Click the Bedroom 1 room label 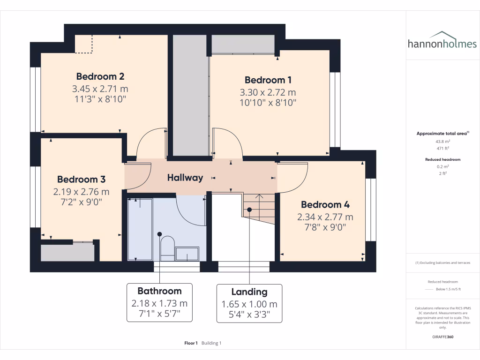pos(265,80)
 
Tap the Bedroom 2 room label pos(100,76)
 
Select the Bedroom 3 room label pos(81,179)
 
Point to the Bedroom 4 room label pos(325,204)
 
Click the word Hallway pos(185,178)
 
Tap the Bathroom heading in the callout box pos(159,291)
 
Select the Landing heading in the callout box pos(249,292)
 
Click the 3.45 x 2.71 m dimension pos(100,88)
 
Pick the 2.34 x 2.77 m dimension pos(325,217)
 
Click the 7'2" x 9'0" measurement pos(81,202)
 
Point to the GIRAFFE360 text pos(442,337)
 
